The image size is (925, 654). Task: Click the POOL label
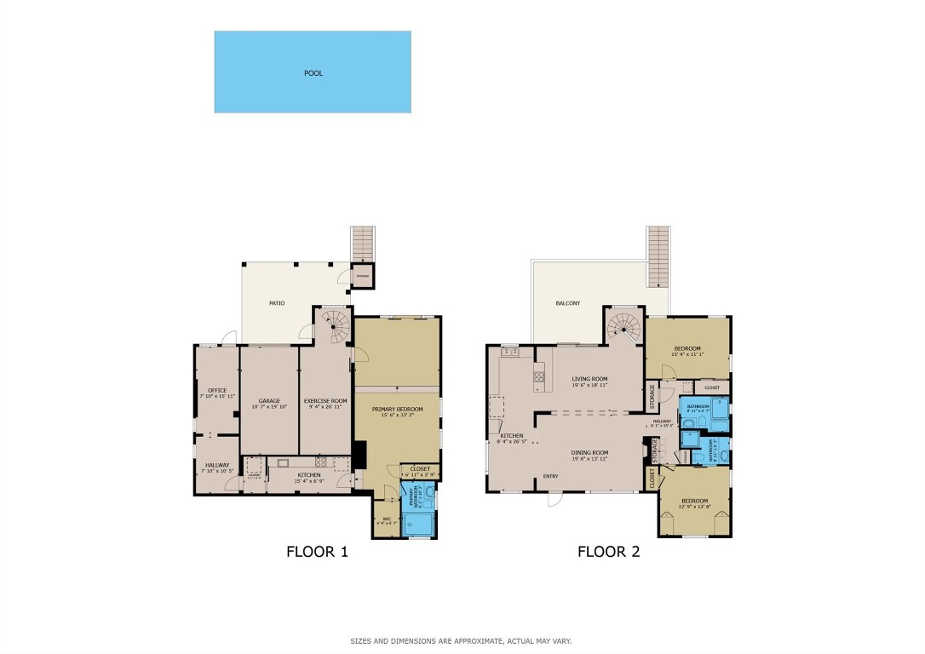coord(313,73)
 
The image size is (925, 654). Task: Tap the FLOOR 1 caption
coord(317,552)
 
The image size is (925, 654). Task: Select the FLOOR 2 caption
coord(608,552)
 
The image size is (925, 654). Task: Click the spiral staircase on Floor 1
coord(335,324)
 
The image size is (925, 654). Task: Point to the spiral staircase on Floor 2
coord(626,324)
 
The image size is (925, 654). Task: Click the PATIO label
coord(277,303)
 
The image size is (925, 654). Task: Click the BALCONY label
coord(568,303)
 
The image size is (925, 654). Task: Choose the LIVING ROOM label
coord(589,381)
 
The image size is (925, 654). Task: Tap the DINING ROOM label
coord(589,455)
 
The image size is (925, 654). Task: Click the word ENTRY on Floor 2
coord(550,476)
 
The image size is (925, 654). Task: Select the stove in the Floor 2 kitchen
coord(539,376)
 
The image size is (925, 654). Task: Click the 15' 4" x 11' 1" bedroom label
coord(687,351)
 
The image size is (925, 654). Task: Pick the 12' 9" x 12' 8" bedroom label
coord(693,503)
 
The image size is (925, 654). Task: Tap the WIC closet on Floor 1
coord(385,519)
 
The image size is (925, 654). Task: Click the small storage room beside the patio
coord(364,276)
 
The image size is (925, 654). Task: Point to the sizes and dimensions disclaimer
coord(461,640)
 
